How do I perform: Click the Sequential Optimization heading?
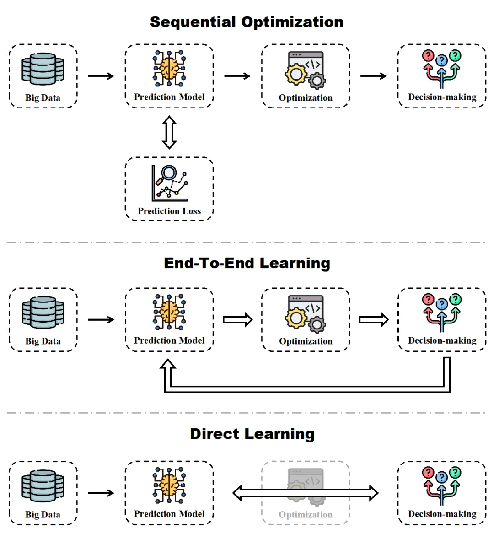pos(247,22)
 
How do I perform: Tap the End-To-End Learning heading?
pos(247,263)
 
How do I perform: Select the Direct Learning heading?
pos(252,434)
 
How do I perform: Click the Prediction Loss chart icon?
pos(170,183)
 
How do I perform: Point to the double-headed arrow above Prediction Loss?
pos(169,132)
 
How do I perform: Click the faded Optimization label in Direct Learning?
pos(306,515)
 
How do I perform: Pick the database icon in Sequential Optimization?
pos(43,69)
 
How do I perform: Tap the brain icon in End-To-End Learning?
pos(169,312)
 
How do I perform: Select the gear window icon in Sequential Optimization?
pos(306,70)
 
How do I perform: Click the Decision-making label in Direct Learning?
pos(442,514)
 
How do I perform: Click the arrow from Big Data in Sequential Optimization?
pos(101,76)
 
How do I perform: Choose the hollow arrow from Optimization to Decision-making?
pos(373,320)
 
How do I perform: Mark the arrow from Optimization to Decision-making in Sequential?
pos(373,76)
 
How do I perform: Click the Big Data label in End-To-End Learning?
pos(43,341)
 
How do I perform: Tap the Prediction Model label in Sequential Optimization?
pos(169,97)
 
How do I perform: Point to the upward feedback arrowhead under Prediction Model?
pos(168,365)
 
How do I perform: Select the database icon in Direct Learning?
pos(43,486)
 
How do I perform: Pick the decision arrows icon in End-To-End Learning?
pos(442,312)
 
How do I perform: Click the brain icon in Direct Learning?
pos(169,485)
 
